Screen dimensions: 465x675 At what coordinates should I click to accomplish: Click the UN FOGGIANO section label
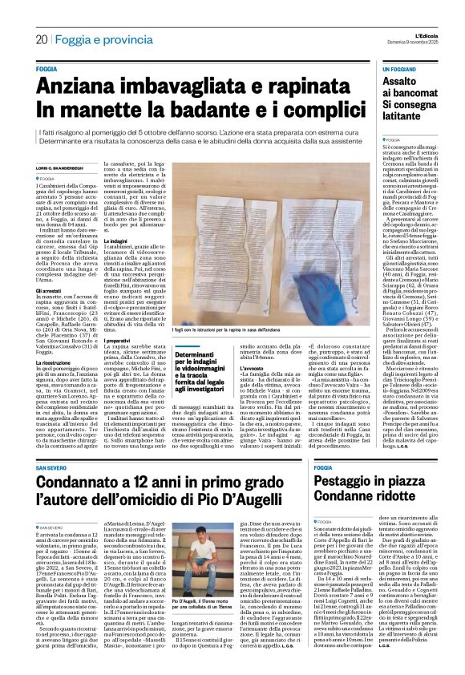pos(399,70)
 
